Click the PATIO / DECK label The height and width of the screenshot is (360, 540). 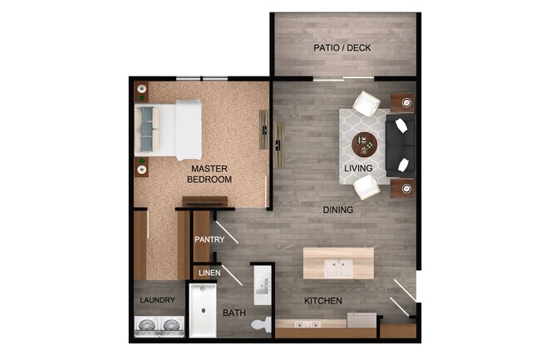coord(341,47)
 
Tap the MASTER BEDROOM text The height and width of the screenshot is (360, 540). coord(209,174)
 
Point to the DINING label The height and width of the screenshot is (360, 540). coord(338,210)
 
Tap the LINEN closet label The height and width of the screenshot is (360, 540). coord(208,272)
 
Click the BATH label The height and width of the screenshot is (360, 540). coord(233,313)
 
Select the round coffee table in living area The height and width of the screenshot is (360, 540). coord(365,145)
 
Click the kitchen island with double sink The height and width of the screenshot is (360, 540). coord(338,264)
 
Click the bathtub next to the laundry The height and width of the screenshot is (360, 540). coord(202,310)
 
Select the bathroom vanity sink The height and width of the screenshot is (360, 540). coord(262,288)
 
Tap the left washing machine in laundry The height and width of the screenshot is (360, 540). coord(147,326)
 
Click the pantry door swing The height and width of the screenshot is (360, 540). coord(226,234)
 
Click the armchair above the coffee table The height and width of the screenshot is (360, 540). coord(366,105)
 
